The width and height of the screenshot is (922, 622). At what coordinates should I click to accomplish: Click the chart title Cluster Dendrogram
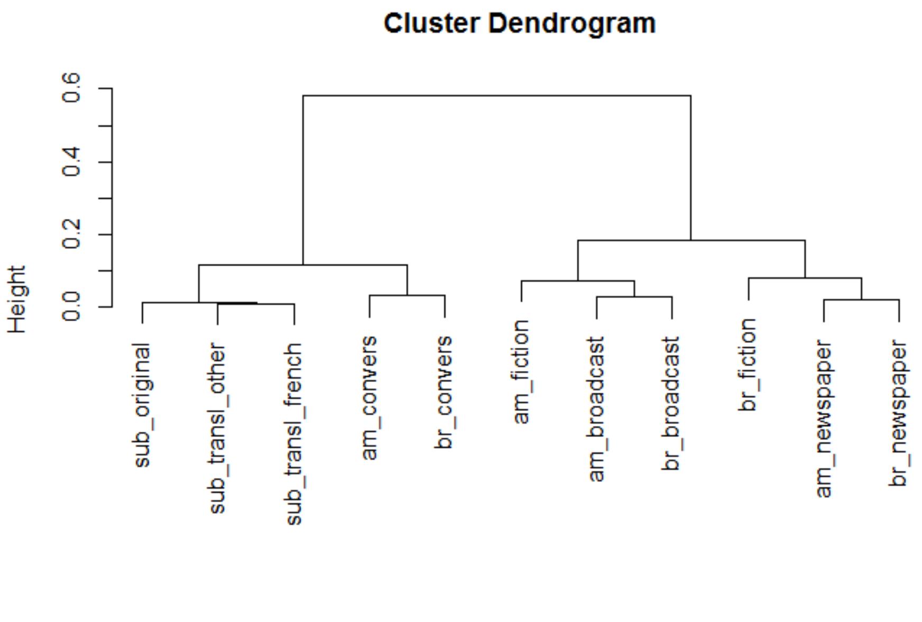pyautogui.click(x=519, y=24)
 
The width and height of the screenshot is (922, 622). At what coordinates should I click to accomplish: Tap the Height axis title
pyautogui.click(x=17, y=299)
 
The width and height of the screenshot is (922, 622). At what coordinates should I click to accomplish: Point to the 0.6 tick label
pyautogui.click(x=71, y=88)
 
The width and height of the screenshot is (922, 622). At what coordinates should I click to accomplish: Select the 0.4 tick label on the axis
pyautogui.click(x=71, y=162)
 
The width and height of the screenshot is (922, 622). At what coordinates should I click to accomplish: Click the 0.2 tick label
pyautogui.click(x=71, y=234)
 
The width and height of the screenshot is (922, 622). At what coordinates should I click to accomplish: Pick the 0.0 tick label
pyautogui.click(x=71, y=307)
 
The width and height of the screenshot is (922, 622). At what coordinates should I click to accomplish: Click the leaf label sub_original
pyautogui.click(x=142, y=405)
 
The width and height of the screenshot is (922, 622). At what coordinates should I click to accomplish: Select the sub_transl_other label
pyautogui.click(x=217, y=428)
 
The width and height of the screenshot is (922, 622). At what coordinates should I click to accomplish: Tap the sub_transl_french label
pyautogui.click(x=293, y=434)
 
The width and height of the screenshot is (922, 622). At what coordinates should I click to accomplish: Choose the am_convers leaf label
pyautogui.click(x=369, y=397)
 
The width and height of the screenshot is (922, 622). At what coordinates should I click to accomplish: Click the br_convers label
pyautogui.click(x=444, y=392)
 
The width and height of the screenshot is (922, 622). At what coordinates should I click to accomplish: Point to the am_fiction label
pyautogui.click(x=521, y=372)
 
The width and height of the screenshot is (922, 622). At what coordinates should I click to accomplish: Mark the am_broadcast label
pyautogui.click(x=596, y=409)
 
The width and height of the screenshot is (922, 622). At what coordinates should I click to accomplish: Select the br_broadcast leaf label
pyautogui.click(x=671, y=404)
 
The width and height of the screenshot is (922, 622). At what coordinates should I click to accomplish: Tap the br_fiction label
pyautogui.click(x=748, y=365)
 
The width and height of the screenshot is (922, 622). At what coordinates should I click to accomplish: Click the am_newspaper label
pyautogui.click(x=823, y=419)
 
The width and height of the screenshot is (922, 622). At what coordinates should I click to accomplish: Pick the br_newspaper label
pyautogui.click(x=898, y=413)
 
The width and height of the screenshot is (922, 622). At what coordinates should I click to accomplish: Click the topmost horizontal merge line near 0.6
pyautogui.click(x=496, y=96)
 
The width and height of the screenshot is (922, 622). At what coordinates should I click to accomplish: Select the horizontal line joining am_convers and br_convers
pyautogui.click(x=407, y=295)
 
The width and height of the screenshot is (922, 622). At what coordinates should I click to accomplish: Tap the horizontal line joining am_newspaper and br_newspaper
pyautogui.click(x=861, y=300)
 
